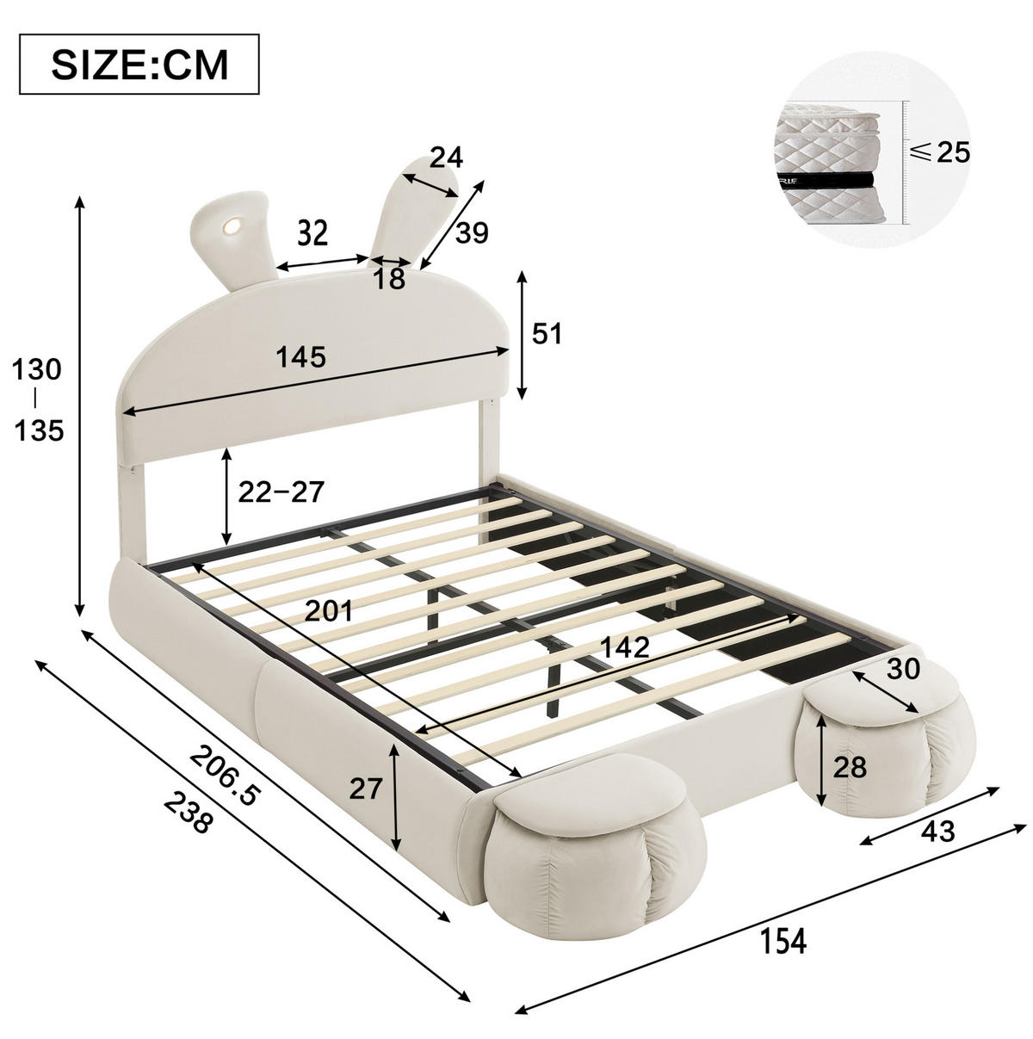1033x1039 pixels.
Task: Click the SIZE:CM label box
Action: click(139, 65)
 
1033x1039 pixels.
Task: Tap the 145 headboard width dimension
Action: click(301, 357)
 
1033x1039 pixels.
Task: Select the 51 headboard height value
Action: click(547, 334)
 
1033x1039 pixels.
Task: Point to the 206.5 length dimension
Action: click(225, 776)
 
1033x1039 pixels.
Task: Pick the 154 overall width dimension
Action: click(782, 895)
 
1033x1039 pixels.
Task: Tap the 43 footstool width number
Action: click(937, 831)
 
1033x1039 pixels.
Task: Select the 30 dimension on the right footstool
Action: click(903, 669)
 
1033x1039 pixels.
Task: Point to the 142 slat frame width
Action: click(625, 647)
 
